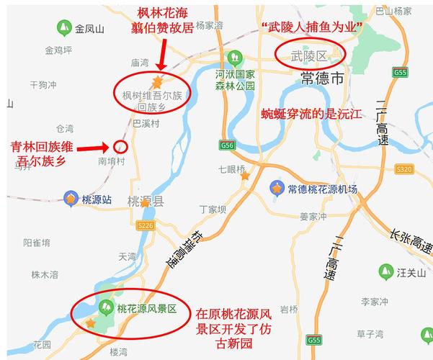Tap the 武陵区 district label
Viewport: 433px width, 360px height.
click(310, 55)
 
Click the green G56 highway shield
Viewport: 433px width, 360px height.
click(228, 145)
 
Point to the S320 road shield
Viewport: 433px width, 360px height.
click(404, 168)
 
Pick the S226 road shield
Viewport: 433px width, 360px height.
click(146, 226)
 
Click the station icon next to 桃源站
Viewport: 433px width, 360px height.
click(71, 198)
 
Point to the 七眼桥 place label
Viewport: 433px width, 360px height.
click(232, 170)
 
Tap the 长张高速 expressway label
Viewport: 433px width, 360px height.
click(409, 241)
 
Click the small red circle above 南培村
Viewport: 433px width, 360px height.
click(121, 147)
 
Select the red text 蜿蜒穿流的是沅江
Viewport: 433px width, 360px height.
click(312, 114)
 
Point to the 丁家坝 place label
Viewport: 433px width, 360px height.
click(213, 210)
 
